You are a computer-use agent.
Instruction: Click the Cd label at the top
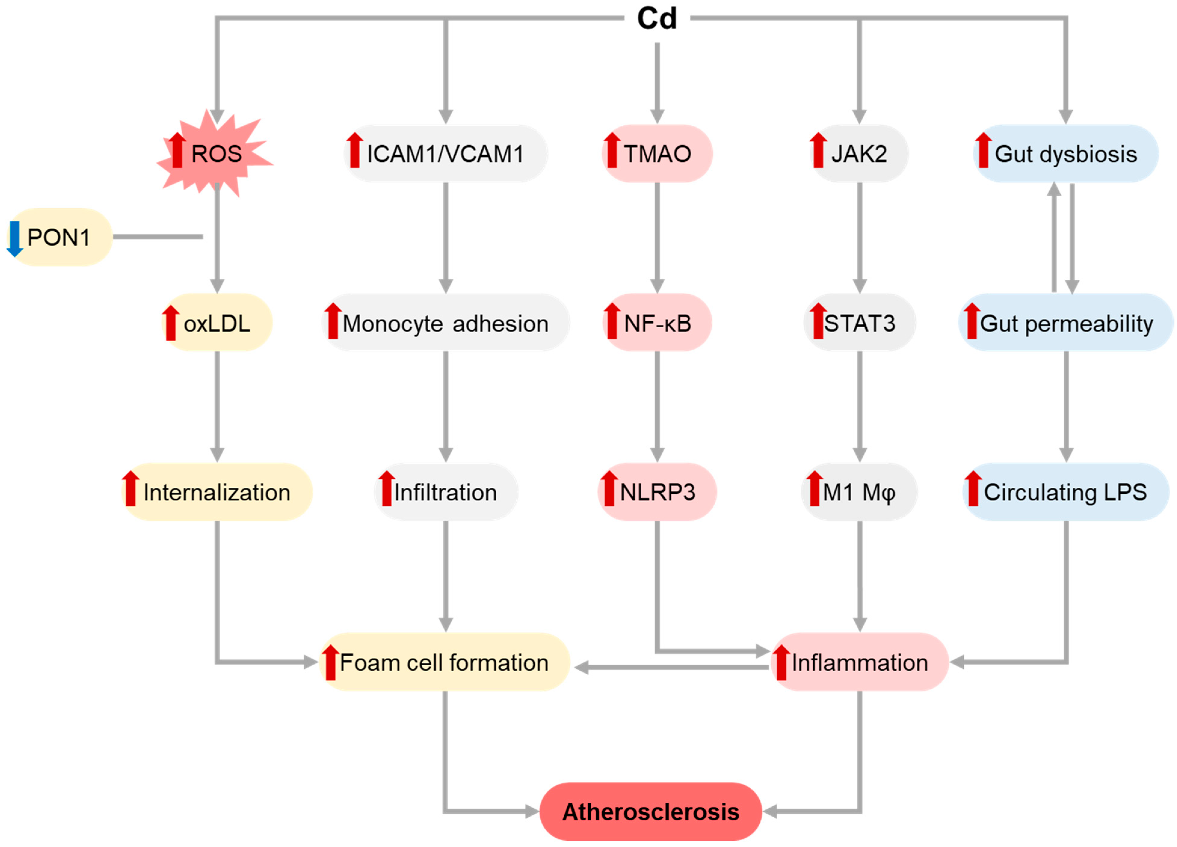[657, 19]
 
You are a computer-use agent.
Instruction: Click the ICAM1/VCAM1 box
[445, 154]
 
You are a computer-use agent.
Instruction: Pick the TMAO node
[657, 154]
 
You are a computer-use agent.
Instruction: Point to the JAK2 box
[859, 154]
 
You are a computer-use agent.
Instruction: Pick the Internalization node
[217, 492]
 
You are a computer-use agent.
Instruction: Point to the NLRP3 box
[657, 492]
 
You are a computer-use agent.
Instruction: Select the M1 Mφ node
[859, 492]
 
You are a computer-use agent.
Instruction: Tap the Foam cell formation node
[445, 662]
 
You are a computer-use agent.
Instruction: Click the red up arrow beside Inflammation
[781, 662]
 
